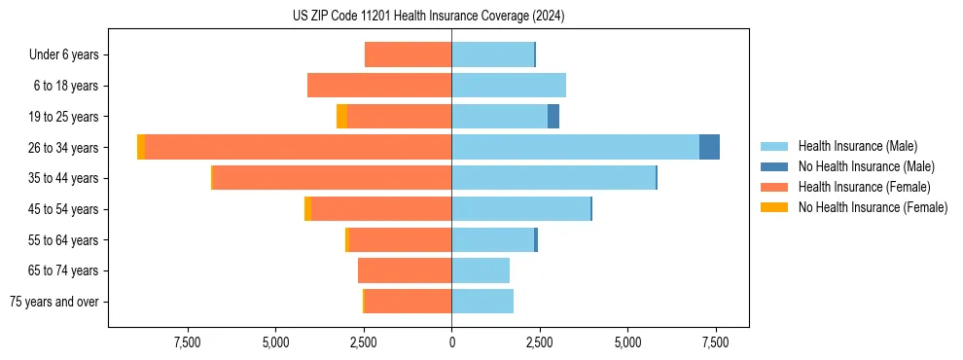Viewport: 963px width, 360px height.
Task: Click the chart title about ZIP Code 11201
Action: coord(428,17)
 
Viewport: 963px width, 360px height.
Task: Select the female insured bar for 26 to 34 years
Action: coord(298,147)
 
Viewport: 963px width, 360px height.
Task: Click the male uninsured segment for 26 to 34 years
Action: coord(709,147)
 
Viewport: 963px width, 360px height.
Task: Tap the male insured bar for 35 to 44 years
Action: coord(553,178)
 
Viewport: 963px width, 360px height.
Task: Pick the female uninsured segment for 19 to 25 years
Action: coord(341,117)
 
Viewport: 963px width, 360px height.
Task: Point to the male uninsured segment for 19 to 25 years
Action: coord(553,117)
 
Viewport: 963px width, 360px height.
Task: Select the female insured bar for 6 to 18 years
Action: coord(379,86)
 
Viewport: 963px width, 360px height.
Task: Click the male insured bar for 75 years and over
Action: coord(482,302)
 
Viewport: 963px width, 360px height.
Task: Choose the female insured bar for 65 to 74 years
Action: coord(405,270)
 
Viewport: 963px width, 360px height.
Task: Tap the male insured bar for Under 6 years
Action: coord(492,54)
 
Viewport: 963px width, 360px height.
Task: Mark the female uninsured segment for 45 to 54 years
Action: coord(307,209)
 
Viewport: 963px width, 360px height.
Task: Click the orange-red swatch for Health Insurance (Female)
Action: coord(774,187)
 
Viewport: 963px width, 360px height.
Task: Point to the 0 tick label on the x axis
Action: coord(451,342)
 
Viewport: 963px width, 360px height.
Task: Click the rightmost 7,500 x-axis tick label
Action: coord(716,342)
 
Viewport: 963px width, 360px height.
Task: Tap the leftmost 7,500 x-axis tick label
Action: coord(187,342)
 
